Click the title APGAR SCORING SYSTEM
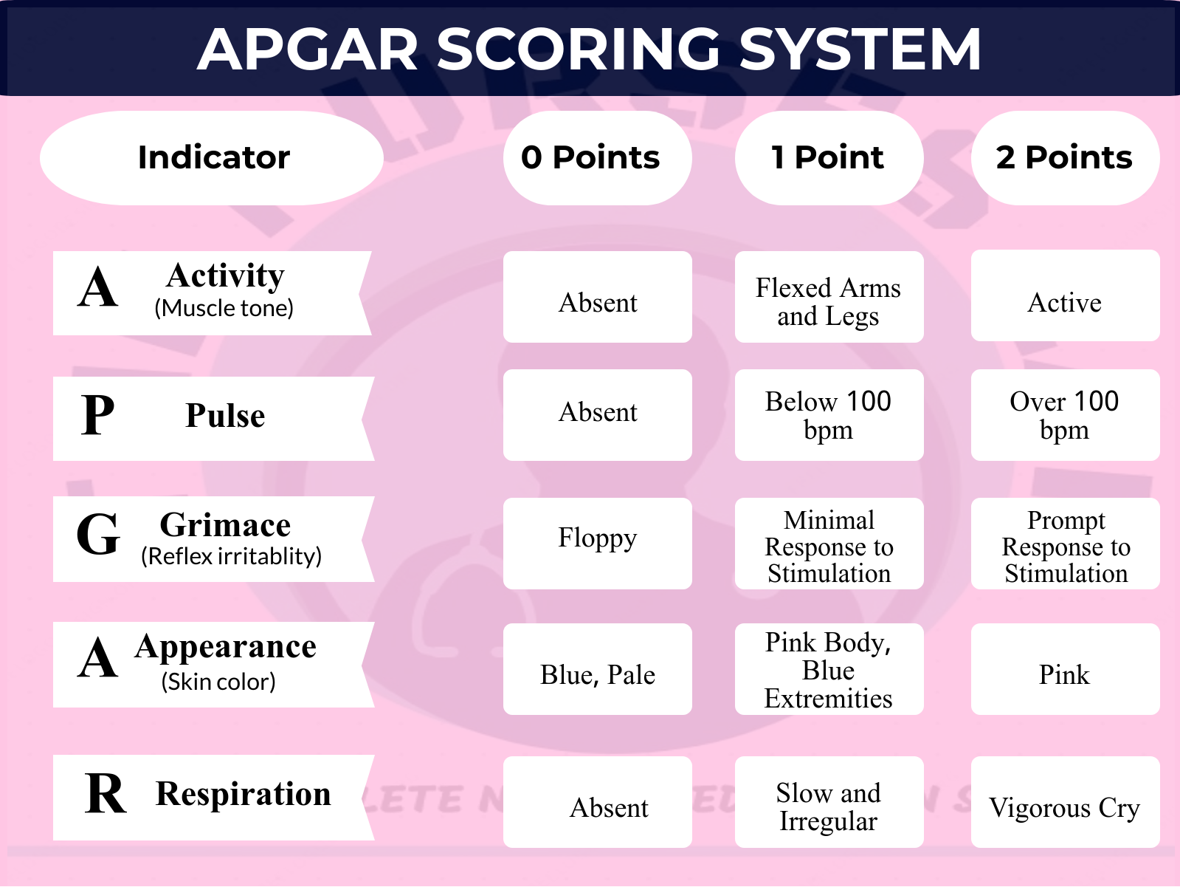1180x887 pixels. (589, 49)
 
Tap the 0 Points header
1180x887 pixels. (597, 158)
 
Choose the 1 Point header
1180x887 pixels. (829, 158)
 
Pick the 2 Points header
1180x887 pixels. (1065, 158)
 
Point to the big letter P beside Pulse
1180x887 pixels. (98, 415)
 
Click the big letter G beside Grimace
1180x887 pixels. (98, 535)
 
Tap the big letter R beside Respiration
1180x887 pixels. (106, 795)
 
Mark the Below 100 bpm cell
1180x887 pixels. (829, 415)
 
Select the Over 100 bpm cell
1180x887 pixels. (1065, 415)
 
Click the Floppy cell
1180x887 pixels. (597, 543)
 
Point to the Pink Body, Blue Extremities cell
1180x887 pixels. (829, 669)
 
